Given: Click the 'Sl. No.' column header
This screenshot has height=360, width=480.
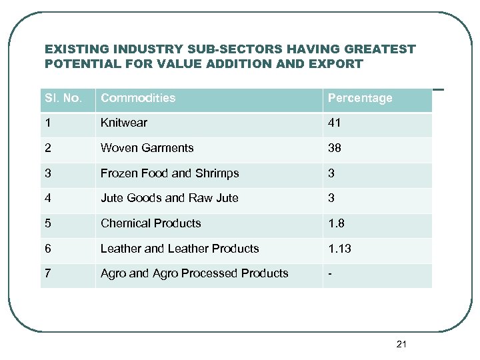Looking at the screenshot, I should coord(63,99).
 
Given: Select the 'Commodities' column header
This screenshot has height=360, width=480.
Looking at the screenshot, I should coord(138,98).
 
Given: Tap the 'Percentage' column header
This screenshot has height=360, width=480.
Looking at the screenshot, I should coord(359,99).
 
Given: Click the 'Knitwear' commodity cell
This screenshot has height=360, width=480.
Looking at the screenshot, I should coord(124,123).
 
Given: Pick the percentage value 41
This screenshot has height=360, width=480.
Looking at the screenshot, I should coord(334,123).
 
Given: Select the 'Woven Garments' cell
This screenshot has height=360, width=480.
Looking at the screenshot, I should coord(147,148).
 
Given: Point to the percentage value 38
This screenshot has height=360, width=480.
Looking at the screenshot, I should coord(334,148).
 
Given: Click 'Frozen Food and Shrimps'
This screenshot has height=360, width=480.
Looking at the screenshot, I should coord(169,173).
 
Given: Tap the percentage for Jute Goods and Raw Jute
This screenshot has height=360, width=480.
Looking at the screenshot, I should coord(331,198).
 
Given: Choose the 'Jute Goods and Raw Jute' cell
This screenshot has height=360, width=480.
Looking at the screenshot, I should coord(169,198).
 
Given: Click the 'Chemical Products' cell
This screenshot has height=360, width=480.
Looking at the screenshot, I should coord(151,223).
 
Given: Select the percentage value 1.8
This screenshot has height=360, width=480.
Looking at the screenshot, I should coord(335,223).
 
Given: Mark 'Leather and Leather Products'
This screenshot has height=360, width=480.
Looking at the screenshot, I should coord(179,249).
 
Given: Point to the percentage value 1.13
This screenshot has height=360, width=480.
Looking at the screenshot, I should coord(339,249).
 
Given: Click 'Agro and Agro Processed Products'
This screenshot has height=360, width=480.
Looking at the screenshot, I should coord(194,273).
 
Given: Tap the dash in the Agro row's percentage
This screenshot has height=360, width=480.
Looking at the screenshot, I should coord(329,273).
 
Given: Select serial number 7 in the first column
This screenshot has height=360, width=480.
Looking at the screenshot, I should coord(48,273).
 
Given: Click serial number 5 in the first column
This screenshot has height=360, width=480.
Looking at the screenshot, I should coord(48,223).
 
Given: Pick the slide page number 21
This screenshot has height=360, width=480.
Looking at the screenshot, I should coord(401,344).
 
